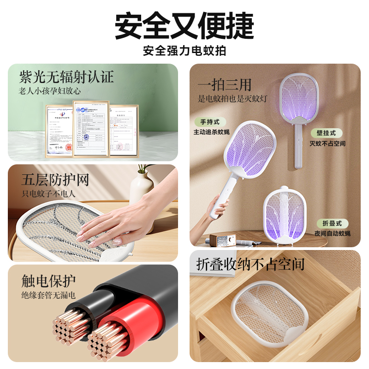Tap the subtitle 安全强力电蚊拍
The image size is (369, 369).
pos(184,51)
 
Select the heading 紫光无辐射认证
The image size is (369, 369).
pos(66,77)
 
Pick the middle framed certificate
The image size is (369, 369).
pos(90,129)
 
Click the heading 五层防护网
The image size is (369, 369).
pos(55,179)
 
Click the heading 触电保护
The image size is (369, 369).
pos(48,281)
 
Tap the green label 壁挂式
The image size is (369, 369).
pos(327,133)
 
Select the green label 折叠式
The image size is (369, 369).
pos(332,223)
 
